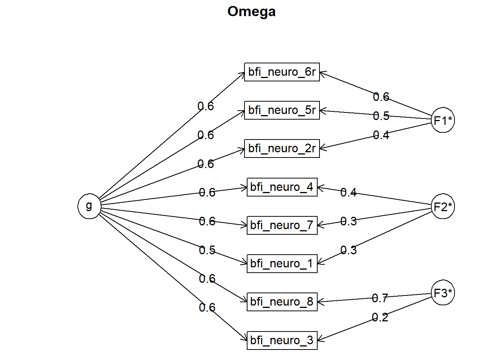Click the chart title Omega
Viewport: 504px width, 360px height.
coord(251,12)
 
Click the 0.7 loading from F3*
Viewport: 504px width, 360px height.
coord(380,298)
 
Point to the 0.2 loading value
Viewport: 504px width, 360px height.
coord(380,317)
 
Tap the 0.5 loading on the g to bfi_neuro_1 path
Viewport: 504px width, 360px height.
coord(207,250)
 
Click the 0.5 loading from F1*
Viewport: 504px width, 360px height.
coord(381,116)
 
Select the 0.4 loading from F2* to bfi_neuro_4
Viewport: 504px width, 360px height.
coord(348,192)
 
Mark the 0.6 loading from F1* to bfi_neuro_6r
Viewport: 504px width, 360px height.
coord(381,97)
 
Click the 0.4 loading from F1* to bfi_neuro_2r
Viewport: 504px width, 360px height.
coord(381,135)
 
